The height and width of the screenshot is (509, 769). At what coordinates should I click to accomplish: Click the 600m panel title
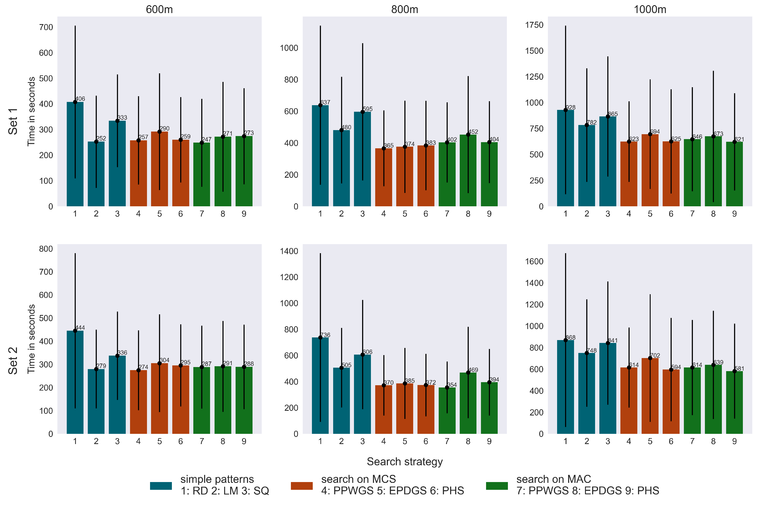(159, 9)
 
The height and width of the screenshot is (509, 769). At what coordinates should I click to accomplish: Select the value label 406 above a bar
(80, 99)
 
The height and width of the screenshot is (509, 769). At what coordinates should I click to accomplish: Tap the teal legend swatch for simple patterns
(161, 486)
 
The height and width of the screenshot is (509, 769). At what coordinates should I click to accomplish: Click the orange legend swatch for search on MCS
(302, 486)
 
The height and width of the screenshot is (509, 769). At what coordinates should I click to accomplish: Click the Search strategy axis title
(404, 461)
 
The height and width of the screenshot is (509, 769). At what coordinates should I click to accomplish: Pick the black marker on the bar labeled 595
(363, 112)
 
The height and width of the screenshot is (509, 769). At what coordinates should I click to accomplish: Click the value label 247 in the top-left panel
(207, 139)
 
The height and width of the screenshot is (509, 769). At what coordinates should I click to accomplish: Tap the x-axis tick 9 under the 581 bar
(734, 441)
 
